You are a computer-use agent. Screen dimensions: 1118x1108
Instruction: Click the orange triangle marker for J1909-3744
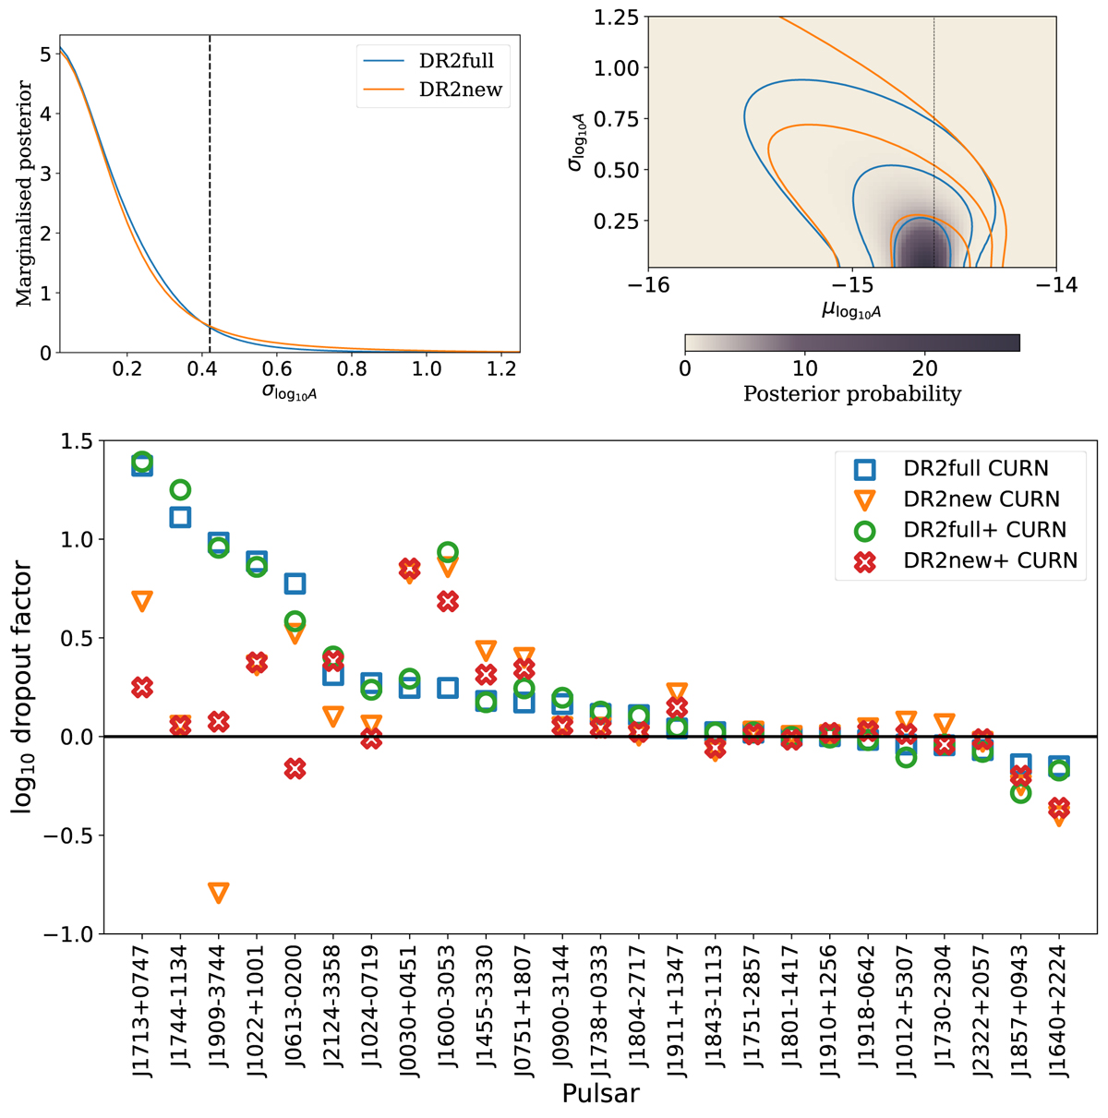point(219,893)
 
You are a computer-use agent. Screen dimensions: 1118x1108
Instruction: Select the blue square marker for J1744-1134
point(180,517)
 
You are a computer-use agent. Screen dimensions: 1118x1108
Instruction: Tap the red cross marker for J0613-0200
point(295,769)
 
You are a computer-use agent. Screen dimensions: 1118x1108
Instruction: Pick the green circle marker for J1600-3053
point(448,553)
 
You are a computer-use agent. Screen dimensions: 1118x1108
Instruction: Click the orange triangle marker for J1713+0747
point(142,601)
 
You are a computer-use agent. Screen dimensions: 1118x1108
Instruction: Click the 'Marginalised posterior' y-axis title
point(25,194)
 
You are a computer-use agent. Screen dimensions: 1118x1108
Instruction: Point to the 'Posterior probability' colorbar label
point(852,394)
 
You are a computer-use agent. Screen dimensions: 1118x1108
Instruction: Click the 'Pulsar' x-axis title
point(600,1095)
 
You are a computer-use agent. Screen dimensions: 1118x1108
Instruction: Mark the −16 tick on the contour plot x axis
point(648,285)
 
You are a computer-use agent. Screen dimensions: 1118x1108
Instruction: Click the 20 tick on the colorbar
point(925,367)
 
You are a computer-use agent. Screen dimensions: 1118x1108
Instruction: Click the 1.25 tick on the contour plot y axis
point(618,17)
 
